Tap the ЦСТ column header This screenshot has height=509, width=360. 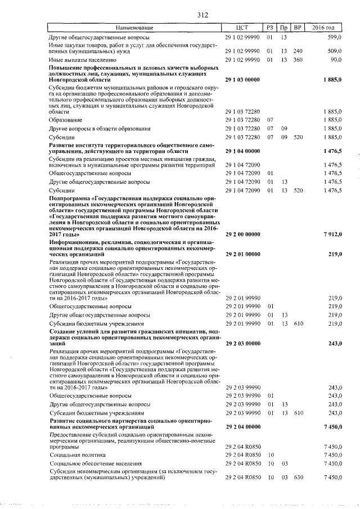[x=243, y=28]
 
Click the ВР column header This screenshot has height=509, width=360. [x=298, y=28]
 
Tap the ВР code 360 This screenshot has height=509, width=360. [x=298, y=59]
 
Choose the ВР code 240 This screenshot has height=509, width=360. [x=298, y=50]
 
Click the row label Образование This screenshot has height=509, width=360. [x=66, y=120]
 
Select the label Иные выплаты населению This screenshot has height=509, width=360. [x=82, y=59]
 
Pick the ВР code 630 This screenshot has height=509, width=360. [x=298, y=477]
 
